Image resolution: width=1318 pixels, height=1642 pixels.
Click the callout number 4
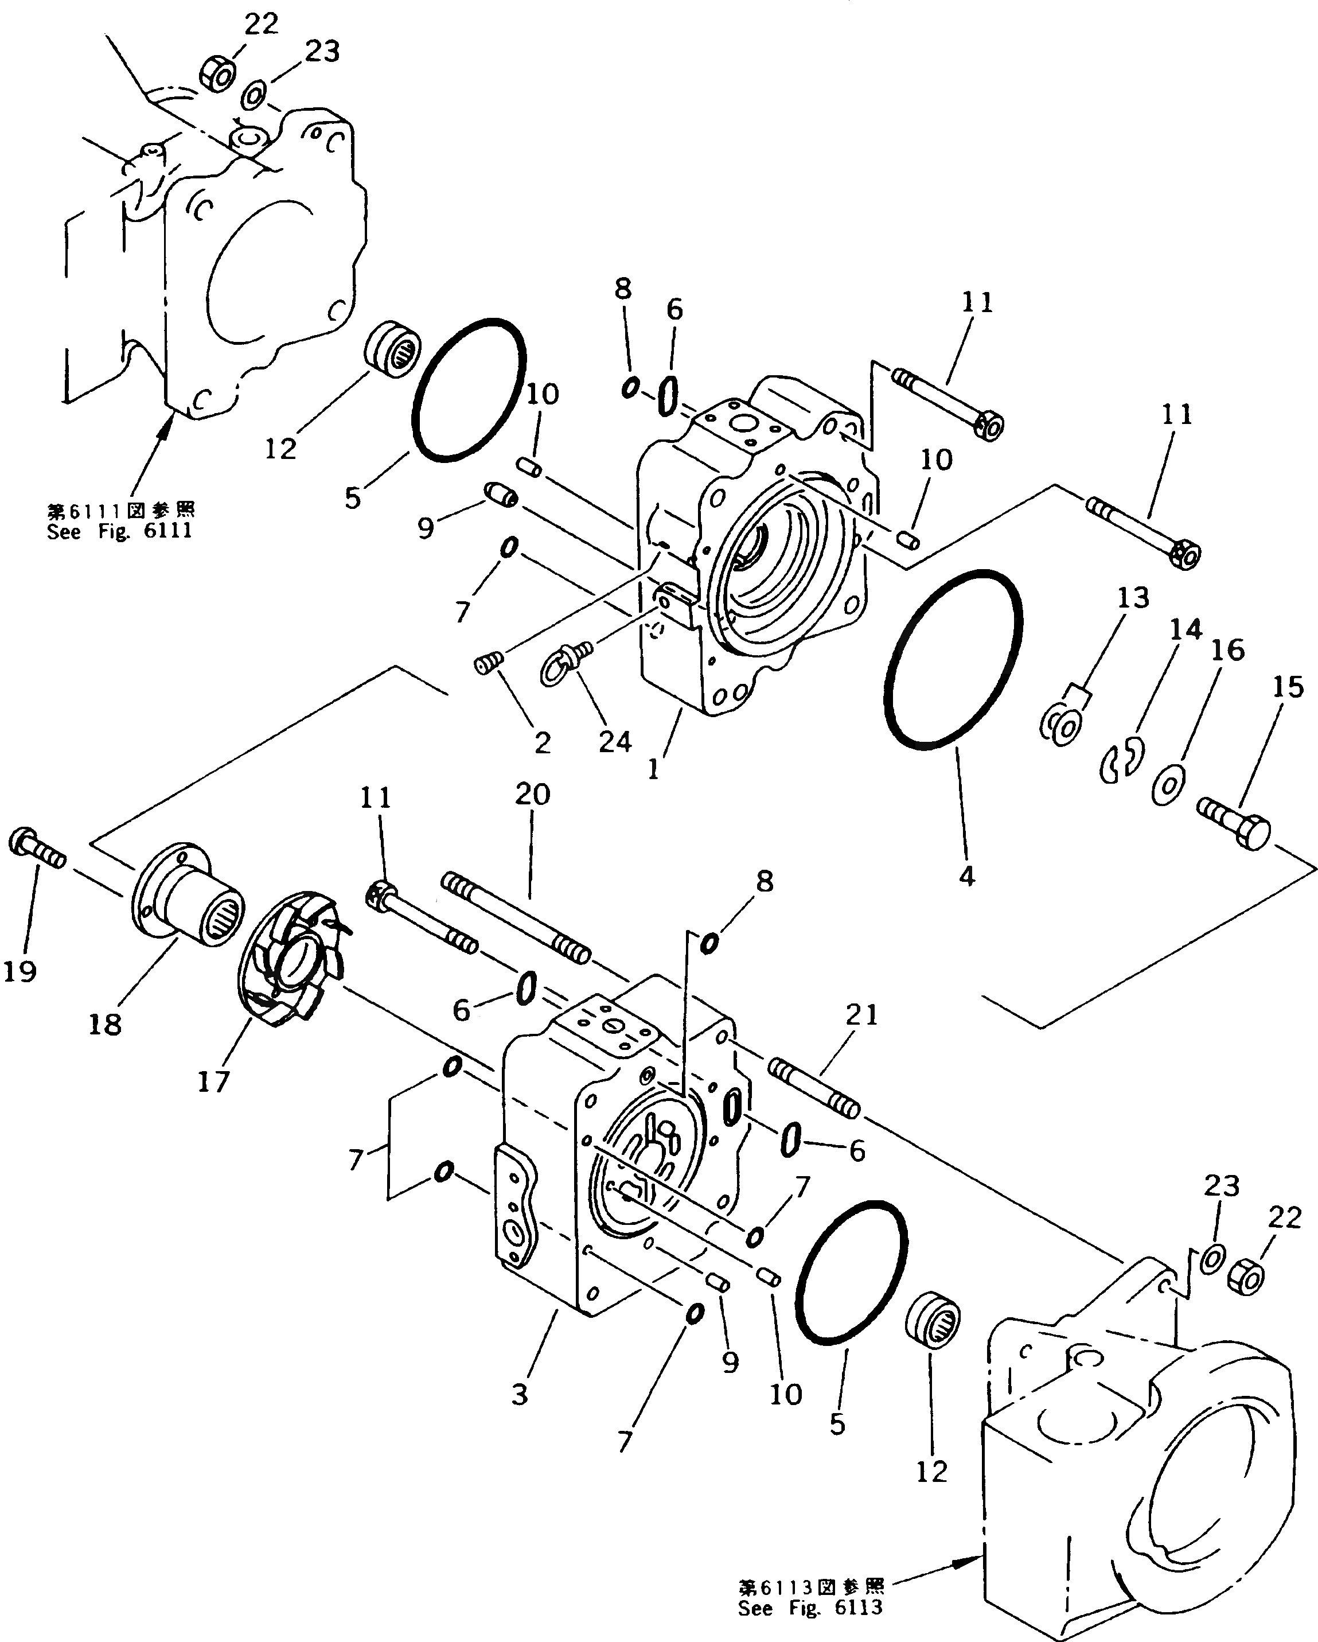tap(966, 877)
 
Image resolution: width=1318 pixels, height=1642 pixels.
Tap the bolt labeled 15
tap(1234, 823)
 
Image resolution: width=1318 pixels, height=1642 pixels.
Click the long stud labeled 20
tap(516, 920)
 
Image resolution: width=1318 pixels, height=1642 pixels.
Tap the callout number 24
tap(615, 741)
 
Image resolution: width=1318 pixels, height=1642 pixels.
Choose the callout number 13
tap(1133, 598)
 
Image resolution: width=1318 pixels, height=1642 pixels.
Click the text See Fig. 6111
tap(119, 531)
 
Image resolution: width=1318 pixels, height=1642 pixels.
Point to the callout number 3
tap(518, 1395)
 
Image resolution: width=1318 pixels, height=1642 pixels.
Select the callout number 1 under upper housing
tap(653, 770)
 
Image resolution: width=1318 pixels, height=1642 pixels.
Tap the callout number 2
tap(542, 742)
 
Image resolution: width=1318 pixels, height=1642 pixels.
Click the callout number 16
tap(1227, 651)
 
